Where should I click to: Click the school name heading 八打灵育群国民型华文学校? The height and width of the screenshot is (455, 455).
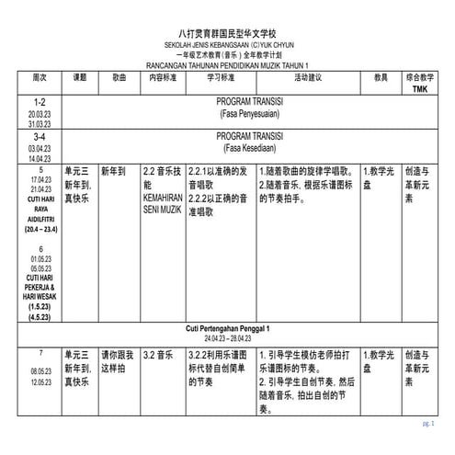pos(227,30)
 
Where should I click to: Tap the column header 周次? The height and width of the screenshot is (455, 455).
pos(39,79)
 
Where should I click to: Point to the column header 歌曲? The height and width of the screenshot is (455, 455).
pos(119,79)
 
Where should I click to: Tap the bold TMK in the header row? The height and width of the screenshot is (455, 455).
pos(420,90)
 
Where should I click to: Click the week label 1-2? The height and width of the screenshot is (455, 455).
pos(39,102)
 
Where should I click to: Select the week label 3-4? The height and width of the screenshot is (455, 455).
pos(39,136)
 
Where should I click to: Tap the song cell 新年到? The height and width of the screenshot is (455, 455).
pos(115,171)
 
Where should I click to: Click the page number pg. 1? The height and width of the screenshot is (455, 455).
pos(427,424)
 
